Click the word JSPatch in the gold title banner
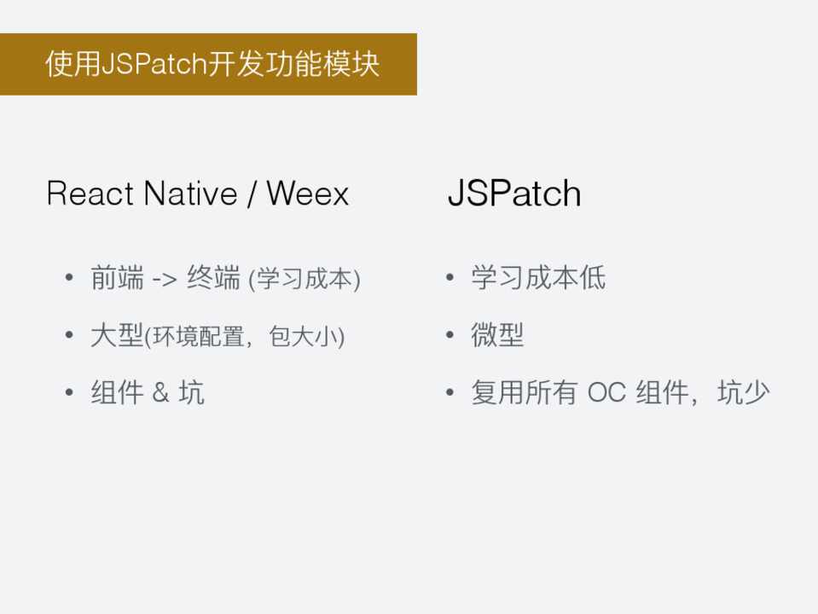point(154,64)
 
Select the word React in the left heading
point(90,194)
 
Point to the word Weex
point(307,194)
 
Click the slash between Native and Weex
point(252,194)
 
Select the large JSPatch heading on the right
point(514,194)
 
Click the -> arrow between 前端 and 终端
point(165,279)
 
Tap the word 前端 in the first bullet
point(118,277)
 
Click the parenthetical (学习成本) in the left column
point(305,279)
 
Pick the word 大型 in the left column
point(117,335)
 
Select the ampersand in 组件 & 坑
point(160,392)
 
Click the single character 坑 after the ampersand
point(191,392)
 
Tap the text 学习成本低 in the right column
point(538,277)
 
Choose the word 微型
point(497,335)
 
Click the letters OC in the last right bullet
point(606,392)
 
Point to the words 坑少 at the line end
point(744,392)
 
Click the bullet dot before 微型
point(450,335)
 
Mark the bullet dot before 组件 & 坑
point(69,392)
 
